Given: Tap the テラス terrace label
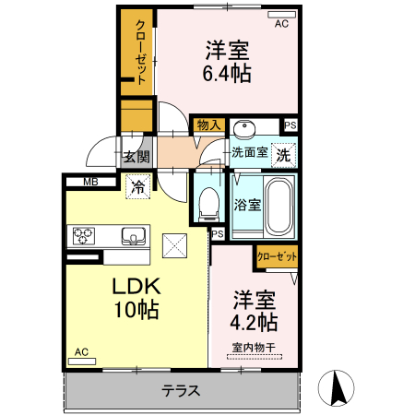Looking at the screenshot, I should pyautogui.click(x=181, y=390).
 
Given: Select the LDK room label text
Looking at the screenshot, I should pyautogui.click(x=134, y=286).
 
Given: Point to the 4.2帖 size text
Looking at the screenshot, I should pyautogui.click(x=254, y=323).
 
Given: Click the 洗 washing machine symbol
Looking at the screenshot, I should pyautogui.click(x=285, y=155).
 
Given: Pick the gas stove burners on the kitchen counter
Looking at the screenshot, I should pyautogui.click(x=84, y=236).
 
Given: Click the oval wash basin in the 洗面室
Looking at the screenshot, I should pyautogui.click(x=244, y=129).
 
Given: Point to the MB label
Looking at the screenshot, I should pyautogui.click(x=90, y=182).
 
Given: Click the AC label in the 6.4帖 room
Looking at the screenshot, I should pyautogui.click(x=280, y=24).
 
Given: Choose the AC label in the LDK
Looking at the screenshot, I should pyautogui.click(x=81, y=351).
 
